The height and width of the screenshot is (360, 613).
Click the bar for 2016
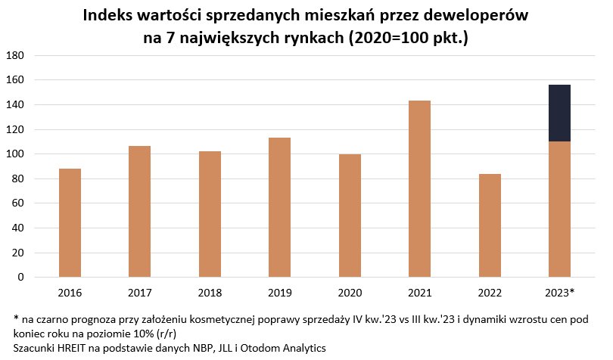(70, 223)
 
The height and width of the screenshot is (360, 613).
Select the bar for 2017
(140, 212)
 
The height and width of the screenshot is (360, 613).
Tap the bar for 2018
(210, 215)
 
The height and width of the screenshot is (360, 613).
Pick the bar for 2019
(279, 208)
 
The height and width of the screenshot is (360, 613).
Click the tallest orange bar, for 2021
(419, 189)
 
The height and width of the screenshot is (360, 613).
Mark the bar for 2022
(490, 226)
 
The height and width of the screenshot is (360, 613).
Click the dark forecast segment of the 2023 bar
(559, 113)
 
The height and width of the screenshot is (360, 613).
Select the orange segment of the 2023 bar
(559, 209)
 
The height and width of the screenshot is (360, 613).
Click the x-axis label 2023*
(560, 292)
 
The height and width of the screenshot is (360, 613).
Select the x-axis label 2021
(419, 292)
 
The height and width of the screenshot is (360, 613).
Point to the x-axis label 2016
(70, 292)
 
